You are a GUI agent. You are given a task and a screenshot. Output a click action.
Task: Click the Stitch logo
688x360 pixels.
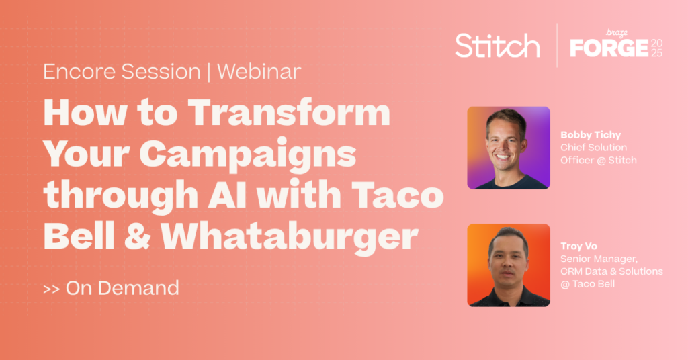coord(497,46)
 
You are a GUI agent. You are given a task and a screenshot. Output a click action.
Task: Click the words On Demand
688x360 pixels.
coord(122,289)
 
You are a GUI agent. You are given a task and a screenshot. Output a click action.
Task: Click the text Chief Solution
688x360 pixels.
coord(593,147)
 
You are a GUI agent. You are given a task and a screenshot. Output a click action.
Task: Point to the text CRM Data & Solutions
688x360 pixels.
coord(611,271)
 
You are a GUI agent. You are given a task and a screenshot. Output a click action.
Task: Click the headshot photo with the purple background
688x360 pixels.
coord(509,148)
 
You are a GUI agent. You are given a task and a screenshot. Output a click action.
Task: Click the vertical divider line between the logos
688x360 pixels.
coord(556,45)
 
